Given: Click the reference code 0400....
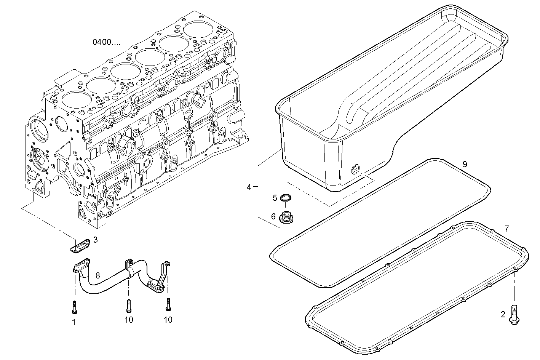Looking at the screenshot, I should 106,42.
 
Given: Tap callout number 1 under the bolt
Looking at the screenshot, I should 74,322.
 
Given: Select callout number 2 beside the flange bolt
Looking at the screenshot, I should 503,315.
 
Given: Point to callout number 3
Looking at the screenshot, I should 95,240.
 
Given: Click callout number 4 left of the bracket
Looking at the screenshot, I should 249,187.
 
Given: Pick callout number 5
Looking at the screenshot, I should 275,198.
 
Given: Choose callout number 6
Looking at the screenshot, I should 273,217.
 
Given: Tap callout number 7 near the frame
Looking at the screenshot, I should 506,229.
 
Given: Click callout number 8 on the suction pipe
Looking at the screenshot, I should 98,275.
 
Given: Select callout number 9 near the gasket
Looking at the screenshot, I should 465,164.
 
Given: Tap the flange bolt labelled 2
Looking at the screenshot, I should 514,314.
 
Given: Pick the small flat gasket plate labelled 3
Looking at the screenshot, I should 80,245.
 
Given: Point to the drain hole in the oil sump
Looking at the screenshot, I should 356,169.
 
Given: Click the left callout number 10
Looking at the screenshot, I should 129,320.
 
